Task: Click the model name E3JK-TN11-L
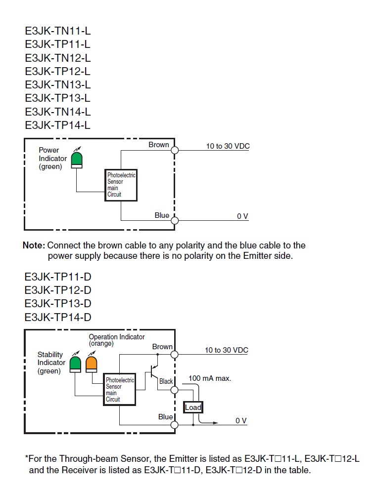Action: point(58,31)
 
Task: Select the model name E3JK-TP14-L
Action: point(58,124)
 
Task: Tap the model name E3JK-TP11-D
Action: point(58,277)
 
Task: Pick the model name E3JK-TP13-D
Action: point(58,303)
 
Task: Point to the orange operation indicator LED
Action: point(91,364)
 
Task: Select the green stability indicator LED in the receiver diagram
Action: point(76,364)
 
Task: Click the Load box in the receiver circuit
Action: point(193,407)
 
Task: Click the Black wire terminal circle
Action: point(174,390)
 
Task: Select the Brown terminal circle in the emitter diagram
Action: point(174,150)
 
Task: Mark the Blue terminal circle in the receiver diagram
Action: point(174,425)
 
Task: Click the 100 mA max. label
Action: point(210,378)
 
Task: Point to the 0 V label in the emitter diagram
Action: point(242,216)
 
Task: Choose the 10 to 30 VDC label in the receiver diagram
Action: point(227,350)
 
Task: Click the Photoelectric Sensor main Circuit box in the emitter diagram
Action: point(121,185)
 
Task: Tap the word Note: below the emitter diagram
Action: point(34,245)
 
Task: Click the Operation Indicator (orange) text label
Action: point(117,339)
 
